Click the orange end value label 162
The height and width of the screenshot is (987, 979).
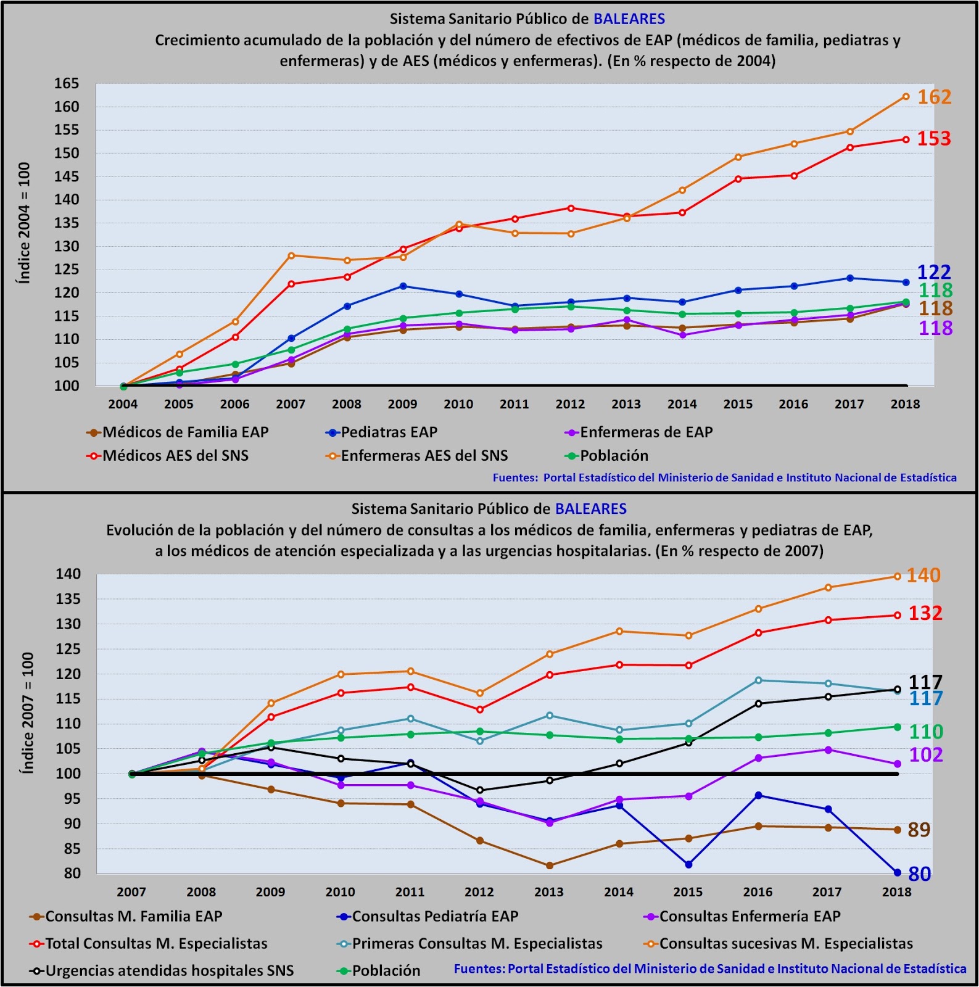click(934, 97)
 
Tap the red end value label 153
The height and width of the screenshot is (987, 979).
click(933, 139)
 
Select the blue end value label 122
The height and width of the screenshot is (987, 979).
click(934, 272)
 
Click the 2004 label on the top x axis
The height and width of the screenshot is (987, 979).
click(123, 405)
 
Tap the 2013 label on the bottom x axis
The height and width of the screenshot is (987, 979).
click(548, 892)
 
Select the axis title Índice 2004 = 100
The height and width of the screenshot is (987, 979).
click(24, 223)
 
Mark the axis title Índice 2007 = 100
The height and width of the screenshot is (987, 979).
click(27, 712)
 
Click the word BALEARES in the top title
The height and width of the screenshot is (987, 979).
click(629, 19)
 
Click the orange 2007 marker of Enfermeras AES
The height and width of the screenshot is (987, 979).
click(291, 255)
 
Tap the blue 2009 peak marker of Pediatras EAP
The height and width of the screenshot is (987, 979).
click(403, 286)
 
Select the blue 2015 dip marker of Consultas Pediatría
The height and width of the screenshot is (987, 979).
click(688, 865)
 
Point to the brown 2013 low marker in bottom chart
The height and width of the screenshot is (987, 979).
click(549, 865)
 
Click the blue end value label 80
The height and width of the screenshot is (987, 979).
click(919, 874)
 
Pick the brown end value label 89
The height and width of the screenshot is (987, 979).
click(919, 830)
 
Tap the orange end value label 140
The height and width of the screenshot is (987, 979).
click(923, 576)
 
